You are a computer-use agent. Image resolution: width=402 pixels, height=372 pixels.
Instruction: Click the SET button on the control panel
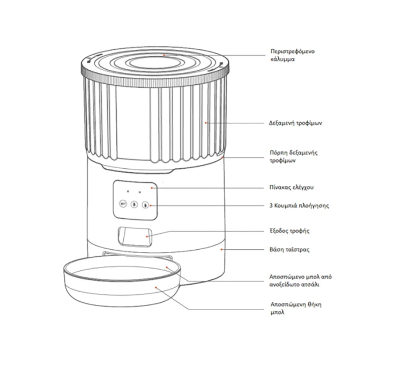coord(123,204)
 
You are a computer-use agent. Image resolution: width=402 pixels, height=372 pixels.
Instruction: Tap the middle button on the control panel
coord(134,204)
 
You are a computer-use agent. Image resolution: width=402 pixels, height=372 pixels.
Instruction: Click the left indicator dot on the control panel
coord(128,191)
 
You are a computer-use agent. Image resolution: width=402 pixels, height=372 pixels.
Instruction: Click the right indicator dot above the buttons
coord(139,192)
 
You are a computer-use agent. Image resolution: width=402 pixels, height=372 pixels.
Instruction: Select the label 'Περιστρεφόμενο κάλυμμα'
coord(293,55)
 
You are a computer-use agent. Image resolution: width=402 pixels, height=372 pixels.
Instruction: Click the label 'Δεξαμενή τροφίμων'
coord(295,123)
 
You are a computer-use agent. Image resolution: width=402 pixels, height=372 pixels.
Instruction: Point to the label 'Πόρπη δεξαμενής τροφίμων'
coord(294,157)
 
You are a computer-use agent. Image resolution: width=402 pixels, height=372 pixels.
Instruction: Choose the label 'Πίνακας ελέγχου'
coord(291,188)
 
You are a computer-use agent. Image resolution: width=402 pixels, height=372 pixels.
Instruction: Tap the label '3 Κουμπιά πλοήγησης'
coord(299,206)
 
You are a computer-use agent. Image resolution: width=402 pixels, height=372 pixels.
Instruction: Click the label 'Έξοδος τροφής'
coord(289,230)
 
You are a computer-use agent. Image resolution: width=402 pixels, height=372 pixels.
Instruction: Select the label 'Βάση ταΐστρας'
coord(289,249)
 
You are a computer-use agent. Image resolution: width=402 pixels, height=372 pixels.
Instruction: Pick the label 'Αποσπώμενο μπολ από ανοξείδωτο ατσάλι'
coord(300,280)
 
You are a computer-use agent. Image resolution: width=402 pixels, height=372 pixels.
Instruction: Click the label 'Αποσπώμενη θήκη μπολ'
coord(296,308)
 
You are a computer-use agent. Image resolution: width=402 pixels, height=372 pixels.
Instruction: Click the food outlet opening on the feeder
coord(135,236)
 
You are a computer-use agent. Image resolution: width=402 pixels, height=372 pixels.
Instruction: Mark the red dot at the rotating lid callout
coord(163,55)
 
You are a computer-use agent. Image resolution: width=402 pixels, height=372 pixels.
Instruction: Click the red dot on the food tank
coord(206,123)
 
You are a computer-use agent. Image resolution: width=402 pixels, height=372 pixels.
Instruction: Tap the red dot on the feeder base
coord(221,249)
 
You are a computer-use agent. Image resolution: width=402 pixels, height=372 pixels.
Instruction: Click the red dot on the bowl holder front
coord(156,287)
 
